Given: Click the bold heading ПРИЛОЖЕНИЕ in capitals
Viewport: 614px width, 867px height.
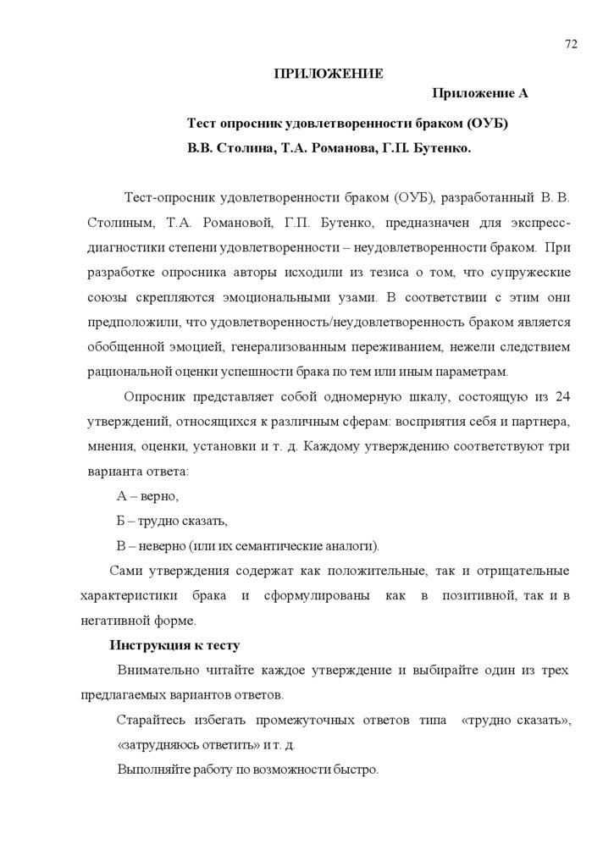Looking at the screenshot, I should [328, 74].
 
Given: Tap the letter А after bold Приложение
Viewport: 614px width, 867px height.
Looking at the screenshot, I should [523, 93].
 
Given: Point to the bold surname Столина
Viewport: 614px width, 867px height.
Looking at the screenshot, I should [246, 148].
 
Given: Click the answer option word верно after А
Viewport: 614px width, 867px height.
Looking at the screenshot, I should [160, 495].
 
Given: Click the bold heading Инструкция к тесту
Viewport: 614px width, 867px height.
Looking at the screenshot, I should [175, 644].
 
